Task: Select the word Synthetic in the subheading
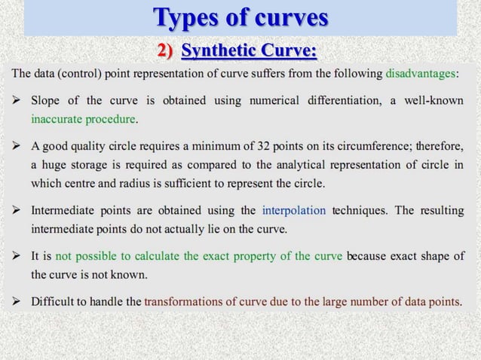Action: pyautogui.click(x=219, y=51)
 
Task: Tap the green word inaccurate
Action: pyautogui.click(x=58, y=119)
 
